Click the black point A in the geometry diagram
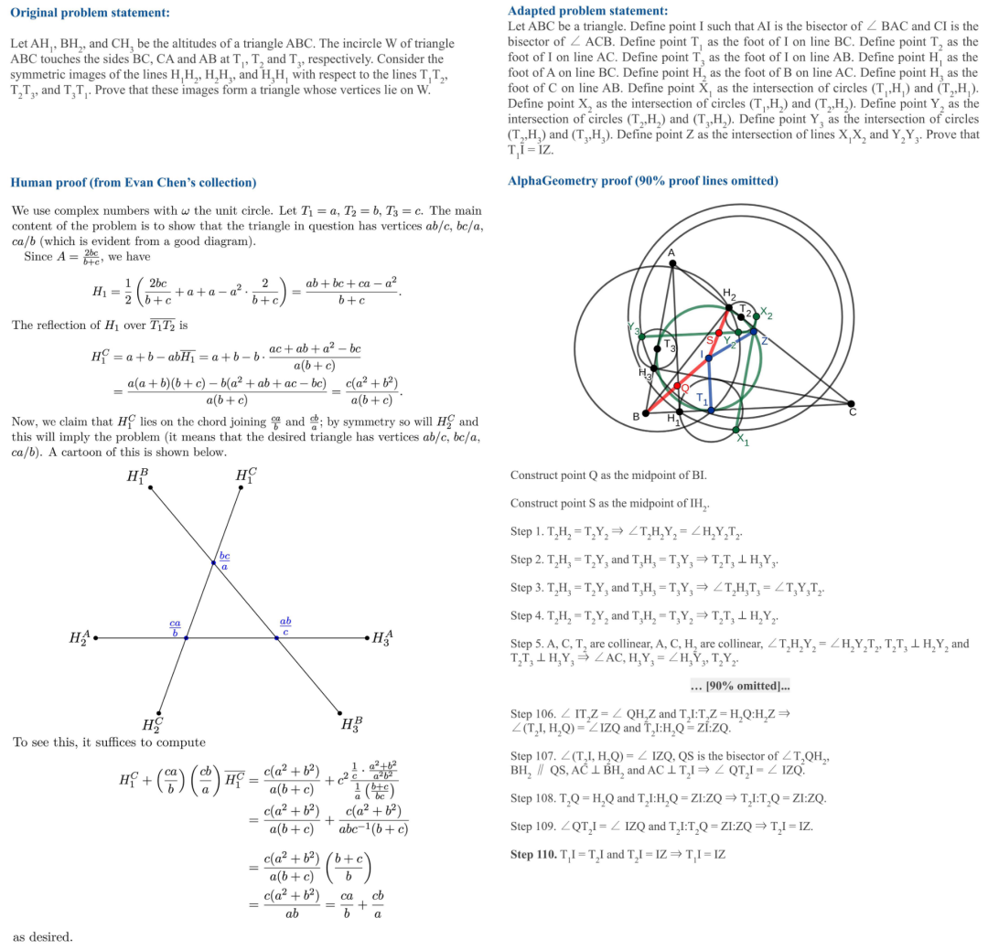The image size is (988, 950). (x=672, y=263)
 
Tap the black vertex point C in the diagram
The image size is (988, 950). (x=851, y=403)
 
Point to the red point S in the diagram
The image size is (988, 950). (x=719, y=333)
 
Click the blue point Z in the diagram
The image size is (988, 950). (x=753, y=331)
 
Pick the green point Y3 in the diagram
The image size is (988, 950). (x=641, y=336)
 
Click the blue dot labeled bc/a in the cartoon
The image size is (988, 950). (x=214, y=563)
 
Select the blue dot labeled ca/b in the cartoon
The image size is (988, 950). (x=186, y=637)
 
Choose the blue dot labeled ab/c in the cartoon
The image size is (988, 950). (x=276, y=637)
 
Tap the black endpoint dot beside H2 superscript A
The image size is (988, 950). (x=96, y=637)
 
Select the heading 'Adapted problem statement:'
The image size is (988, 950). (x=587, y=11)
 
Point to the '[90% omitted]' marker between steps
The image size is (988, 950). (x=742, y=686)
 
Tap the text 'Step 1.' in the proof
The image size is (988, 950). (x=527, y=531)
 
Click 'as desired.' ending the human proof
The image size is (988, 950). (x=42, y=936)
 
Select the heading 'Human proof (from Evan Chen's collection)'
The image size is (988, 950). (x=134, y=182)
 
